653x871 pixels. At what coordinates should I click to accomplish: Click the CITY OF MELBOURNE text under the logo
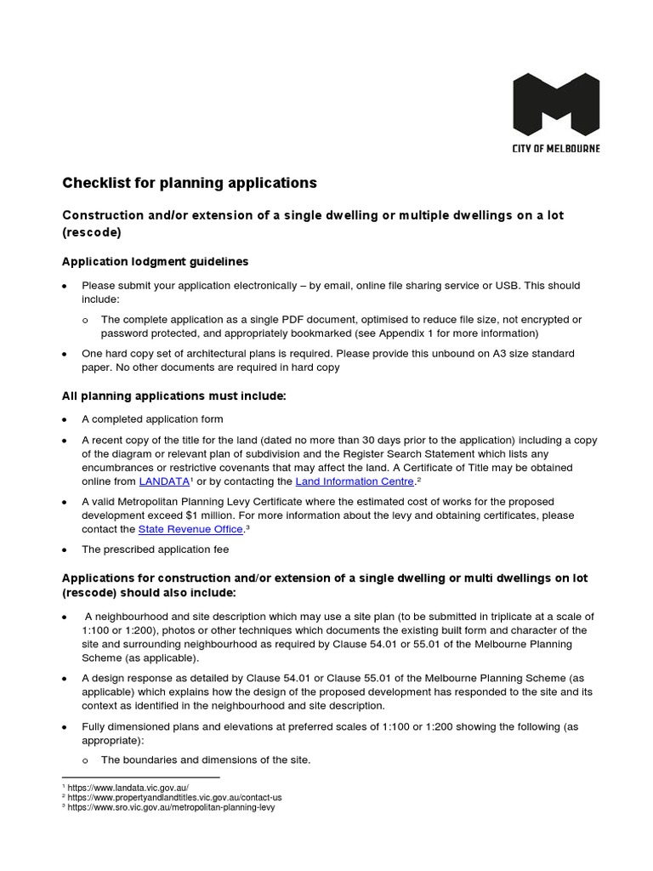(x=556, y=148)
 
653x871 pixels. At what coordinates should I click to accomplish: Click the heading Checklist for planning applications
(x=190, y=183)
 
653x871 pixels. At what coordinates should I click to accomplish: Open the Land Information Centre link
(x=354, y=481)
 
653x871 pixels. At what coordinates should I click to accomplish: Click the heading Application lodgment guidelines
(x=156, y=261)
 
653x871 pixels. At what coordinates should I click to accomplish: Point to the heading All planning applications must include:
(x=174, y=396)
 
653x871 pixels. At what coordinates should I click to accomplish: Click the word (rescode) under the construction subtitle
(x=92, y=232)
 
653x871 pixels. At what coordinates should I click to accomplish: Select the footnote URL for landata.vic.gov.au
(x=128, y=788)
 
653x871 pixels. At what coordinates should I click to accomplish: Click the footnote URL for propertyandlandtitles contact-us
(x=174, y=798)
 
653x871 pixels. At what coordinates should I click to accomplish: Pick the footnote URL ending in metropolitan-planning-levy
(x=171, y=807)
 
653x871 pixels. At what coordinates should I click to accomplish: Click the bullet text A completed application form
(x=152, y=419)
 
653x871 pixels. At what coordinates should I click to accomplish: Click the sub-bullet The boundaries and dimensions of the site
(x=206, y=760)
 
